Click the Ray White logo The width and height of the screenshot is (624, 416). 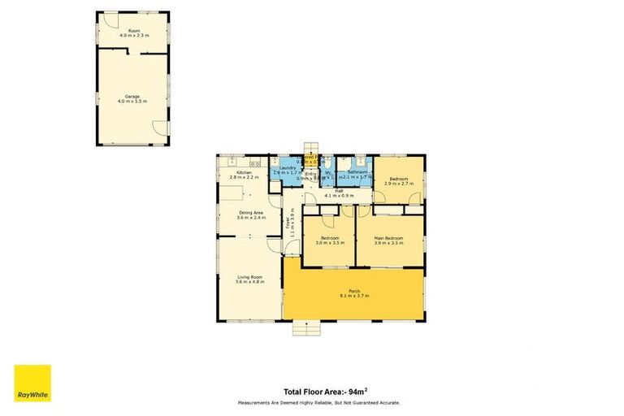tap(32, 383)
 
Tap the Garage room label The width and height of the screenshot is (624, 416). tap(133, 96)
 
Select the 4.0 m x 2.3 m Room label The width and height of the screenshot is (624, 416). tap(133, 33)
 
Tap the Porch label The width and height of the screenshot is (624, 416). tap(353, 292)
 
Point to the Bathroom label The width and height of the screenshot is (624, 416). tap(359, 172)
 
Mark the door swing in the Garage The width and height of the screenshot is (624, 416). tap(159, 128)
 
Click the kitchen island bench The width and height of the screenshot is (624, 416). tap(233, 193)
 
